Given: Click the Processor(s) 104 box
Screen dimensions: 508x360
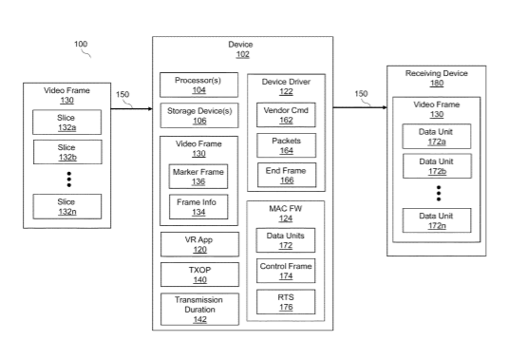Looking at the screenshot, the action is (x=198, y=85).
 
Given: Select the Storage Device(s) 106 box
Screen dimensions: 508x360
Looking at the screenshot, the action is (x=199, y=116).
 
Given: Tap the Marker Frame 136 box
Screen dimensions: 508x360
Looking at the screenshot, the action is (x=198, y=177).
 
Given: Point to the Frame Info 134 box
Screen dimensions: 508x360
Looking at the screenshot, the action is (x=198, y=207).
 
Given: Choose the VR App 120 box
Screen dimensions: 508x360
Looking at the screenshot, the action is (x=200, y=244).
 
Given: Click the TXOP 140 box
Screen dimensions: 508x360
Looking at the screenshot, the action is (x=200, y=275).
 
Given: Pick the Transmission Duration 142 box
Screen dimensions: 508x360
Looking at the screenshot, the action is (x=200, y=310).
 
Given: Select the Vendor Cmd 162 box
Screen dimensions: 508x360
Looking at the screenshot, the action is (x=286, y=115).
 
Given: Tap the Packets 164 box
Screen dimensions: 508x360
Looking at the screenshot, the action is (x=287, y=145).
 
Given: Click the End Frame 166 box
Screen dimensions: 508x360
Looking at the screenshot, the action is (x=287, y=176).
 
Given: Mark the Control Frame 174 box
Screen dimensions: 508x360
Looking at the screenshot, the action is (x=286, y=271).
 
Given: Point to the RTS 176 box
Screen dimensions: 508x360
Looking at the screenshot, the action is (x=286, y=302).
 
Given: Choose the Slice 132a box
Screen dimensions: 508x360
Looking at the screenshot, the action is (x=67, y=123).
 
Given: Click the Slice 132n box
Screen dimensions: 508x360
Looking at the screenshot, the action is (x=67, y=207).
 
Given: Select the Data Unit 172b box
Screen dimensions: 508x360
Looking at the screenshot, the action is (x=437, y=166).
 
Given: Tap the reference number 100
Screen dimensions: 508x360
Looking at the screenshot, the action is (x=81, y=44).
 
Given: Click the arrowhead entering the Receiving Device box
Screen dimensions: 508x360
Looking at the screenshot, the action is (x=385, y=107).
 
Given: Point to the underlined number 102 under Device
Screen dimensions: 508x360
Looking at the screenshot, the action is (x=243, y=54).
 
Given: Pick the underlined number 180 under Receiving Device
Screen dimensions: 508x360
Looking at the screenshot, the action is (x=437, y=83).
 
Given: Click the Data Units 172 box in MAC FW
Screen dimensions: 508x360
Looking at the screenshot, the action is (x=286, y=240).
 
